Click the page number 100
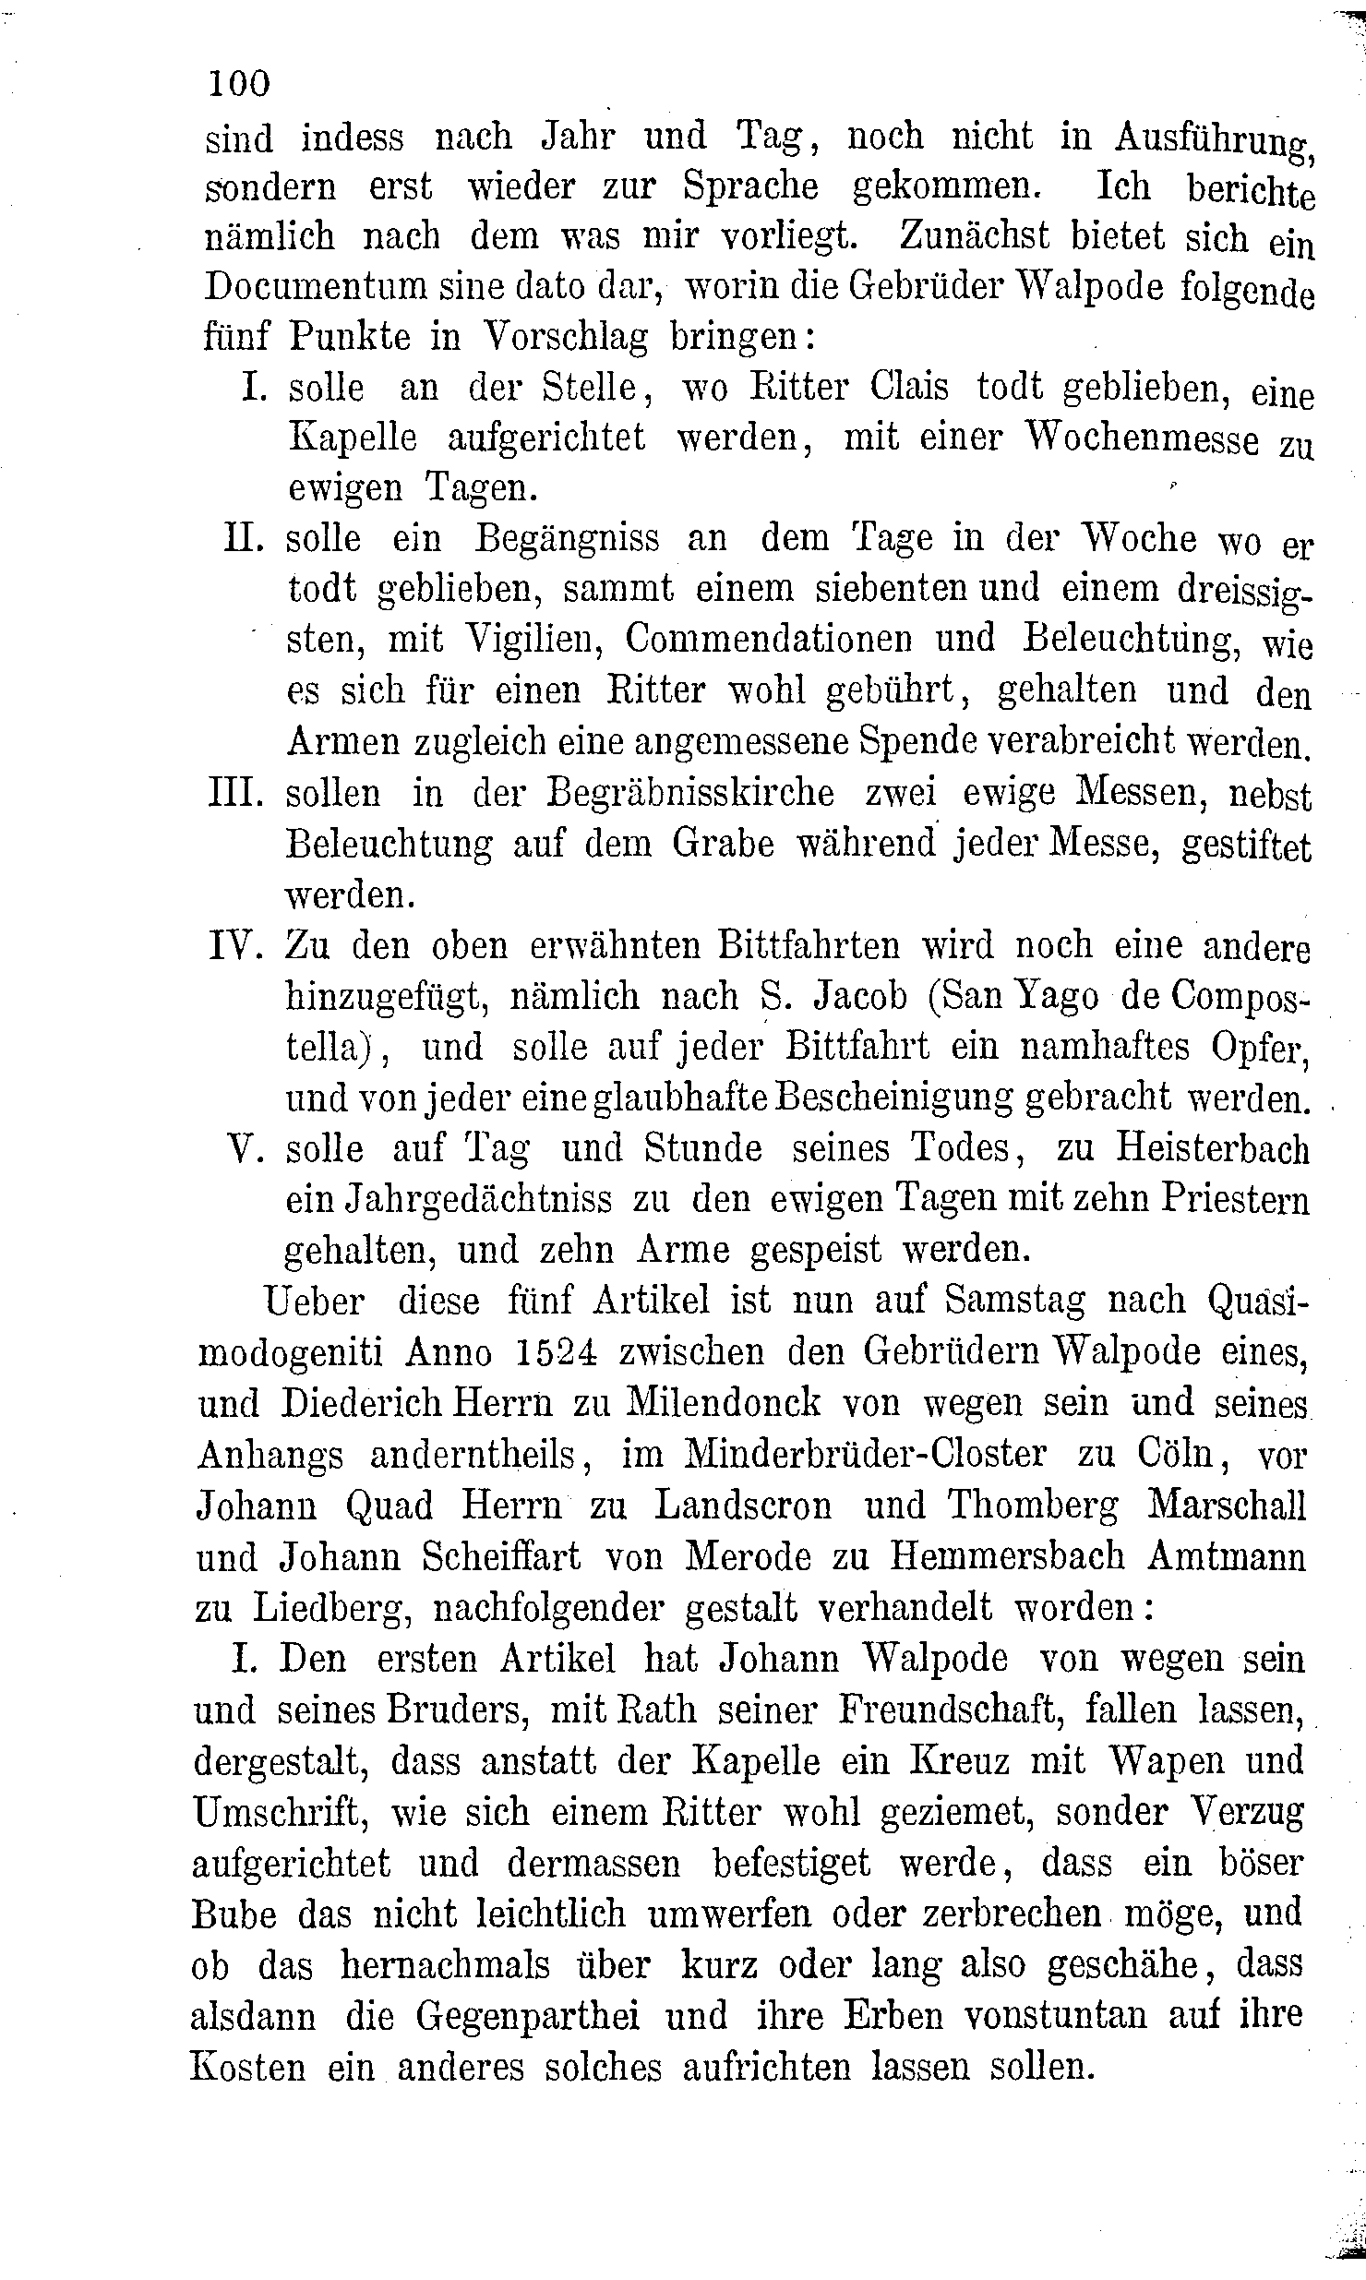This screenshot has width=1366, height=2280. pyautogui.click(x=239, y=84)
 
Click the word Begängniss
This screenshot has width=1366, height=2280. pyautogui.click(x=567, y=539)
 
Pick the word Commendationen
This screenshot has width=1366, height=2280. pyautogui.click(x=809, y=639)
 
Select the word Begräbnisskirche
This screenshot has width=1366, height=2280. pyautogui.click(x=690, y=794)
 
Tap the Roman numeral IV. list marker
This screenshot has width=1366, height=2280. pyautogui.click(x=237, y=945)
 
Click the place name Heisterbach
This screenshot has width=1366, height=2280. pyautogui.click(x=1212, y=1149)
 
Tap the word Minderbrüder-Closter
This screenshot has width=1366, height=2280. pyautogui.click(x=866, y=1454)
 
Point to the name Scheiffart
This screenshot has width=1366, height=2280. pyautogui.click(x=500, y=1556)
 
